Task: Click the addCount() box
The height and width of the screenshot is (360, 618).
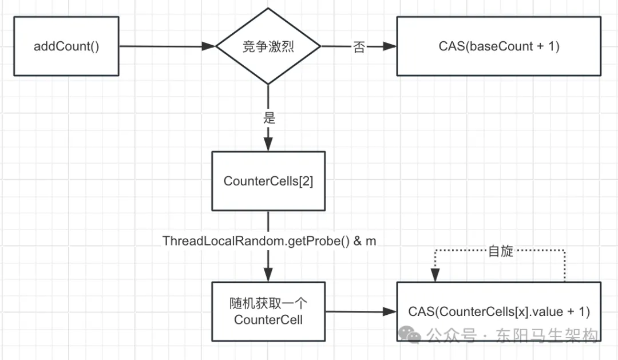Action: [x=66, y=46]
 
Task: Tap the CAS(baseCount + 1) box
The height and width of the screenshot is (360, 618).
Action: [x=499, y=46]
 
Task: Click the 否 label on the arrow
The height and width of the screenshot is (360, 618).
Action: [x=359, y=48]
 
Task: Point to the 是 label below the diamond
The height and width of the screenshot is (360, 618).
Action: [x=268, y=118]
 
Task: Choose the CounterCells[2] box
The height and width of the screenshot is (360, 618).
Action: [x=268, y=181]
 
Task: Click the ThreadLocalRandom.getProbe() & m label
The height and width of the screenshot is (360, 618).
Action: [x=270, y=241]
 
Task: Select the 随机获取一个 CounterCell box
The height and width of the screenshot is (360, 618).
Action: [x=268, y=311]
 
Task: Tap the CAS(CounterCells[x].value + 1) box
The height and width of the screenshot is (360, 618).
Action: [x=499, y=312]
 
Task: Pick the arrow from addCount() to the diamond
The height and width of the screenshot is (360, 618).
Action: [x=166, y=47]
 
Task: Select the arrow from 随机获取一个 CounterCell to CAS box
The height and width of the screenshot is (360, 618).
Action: [x=360, y=312]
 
